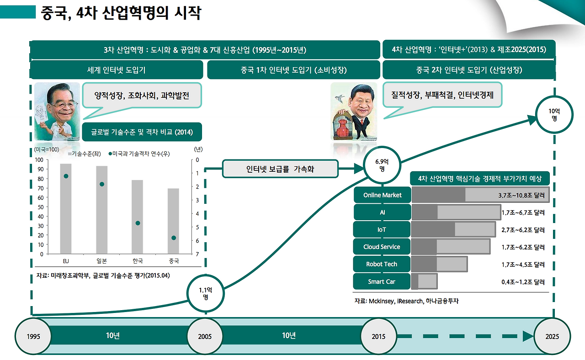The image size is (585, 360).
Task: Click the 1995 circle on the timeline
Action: [33, 337]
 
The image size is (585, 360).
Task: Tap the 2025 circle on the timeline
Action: [552, 337]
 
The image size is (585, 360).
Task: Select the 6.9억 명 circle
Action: [382, 164]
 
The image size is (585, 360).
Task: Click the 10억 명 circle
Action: [553, 115]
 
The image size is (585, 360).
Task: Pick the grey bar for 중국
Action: [173, 221]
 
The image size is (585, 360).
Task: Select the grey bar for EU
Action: [66, 208]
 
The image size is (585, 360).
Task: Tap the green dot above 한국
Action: [138, 223]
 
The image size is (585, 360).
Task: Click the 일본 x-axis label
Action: [101, 261]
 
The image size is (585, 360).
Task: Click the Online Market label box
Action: [382, 195]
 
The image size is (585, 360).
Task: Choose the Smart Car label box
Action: [382, 281]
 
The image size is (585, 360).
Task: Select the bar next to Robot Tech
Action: [439, 264]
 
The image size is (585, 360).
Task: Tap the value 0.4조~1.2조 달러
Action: [523, 282]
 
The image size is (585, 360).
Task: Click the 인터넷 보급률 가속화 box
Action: [280, 169]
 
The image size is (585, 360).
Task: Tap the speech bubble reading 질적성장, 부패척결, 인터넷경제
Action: [439, 95]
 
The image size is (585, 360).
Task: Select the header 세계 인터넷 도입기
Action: [116, 70]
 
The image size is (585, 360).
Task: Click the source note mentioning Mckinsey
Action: [406, 301]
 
